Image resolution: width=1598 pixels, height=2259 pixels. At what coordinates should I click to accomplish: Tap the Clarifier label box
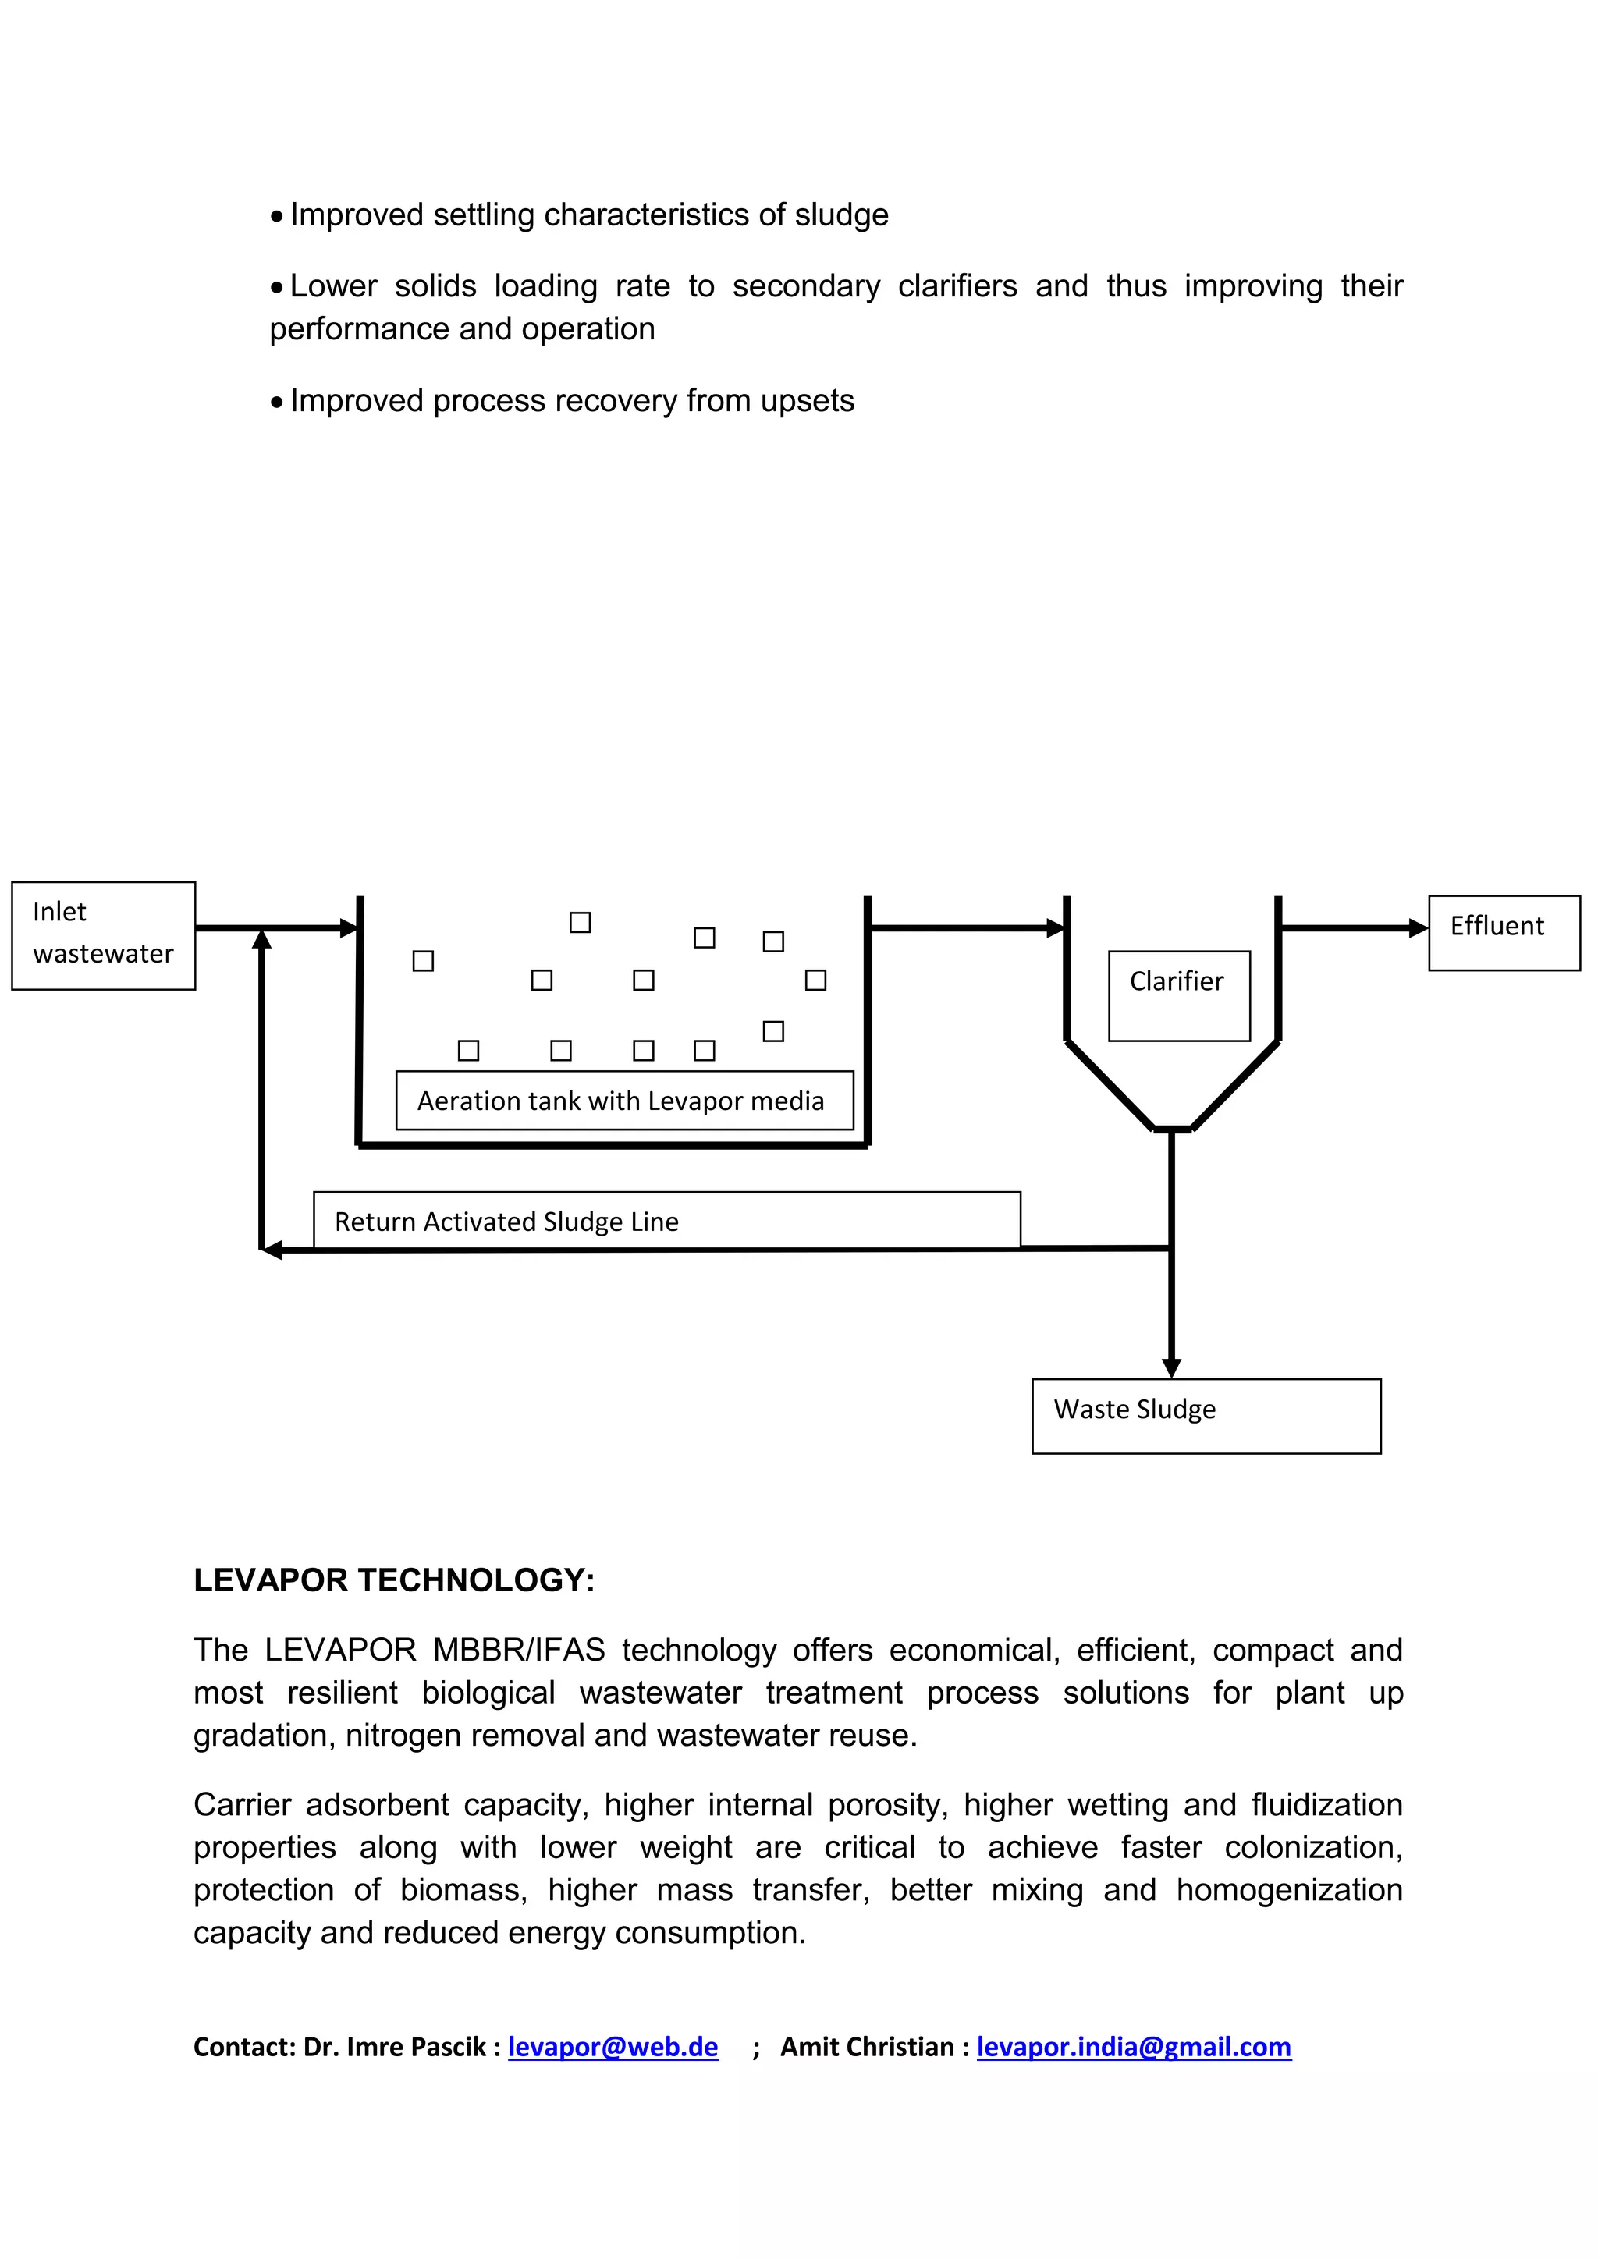click(x=1178, y=995)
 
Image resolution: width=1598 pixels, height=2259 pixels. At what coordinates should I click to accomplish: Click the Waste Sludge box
click(x=1206, y=1415)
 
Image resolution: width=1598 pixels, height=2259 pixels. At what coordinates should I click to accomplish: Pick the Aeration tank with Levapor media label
click(x=624, y=1100)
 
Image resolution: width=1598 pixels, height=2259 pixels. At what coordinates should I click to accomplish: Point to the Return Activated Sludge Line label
click(x=666, y=1220)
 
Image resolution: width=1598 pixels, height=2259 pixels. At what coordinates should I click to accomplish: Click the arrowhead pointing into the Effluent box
click(x=1418, y=927)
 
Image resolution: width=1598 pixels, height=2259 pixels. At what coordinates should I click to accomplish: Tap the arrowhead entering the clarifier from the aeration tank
click(x=1056, y=927)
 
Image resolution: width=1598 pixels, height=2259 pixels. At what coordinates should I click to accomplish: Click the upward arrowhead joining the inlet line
click(x=261, y=940)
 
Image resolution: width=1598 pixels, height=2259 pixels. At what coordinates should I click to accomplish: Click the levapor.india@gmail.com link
click(x=1134, y=2047)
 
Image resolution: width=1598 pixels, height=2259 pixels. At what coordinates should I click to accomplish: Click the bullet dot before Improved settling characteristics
click(x=278, y=216)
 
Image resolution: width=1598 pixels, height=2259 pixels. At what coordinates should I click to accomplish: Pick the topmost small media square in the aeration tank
click(x=580, y=922)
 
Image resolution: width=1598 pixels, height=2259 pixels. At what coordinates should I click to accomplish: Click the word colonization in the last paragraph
click(x=1312, y=1848)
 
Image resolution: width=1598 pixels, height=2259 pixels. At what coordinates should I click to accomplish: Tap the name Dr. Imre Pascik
click(x=396, y=2047)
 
